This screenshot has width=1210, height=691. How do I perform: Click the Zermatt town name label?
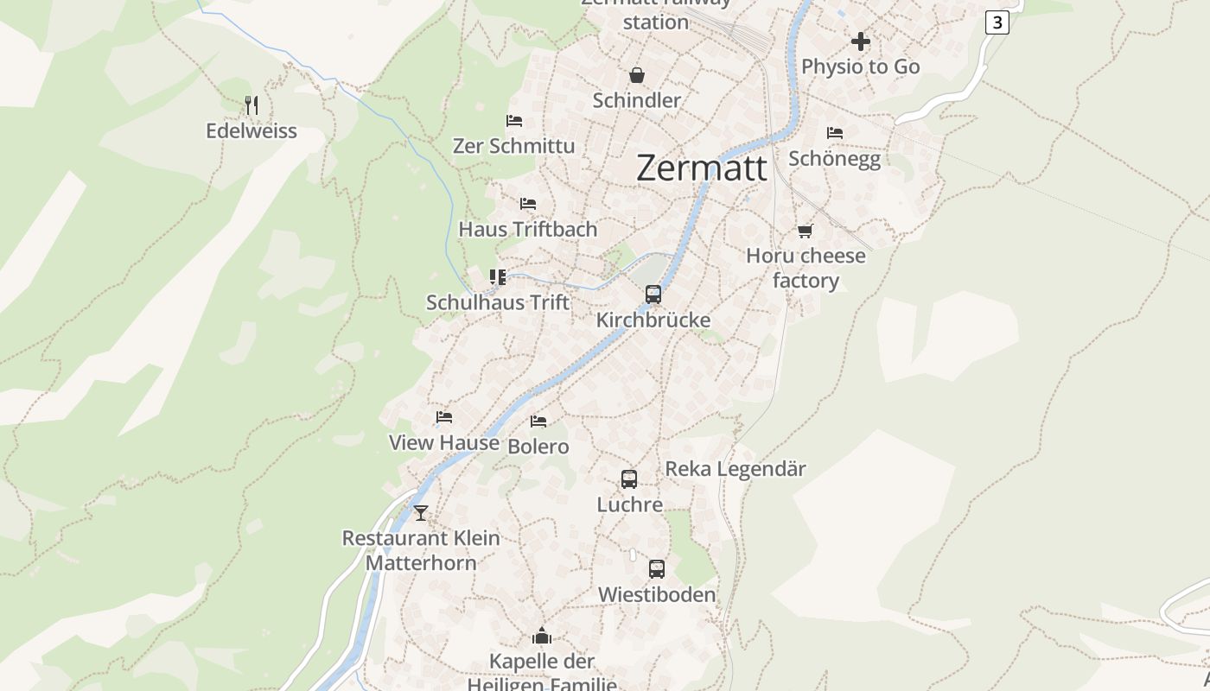coord(701,168)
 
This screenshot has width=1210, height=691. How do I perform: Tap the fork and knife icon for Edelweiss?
coord(252,105)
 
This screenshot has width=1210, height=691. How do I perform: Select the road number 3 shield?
coord(997,22)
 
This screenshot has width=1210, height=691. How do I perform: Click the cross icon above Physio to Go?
coord(860,41)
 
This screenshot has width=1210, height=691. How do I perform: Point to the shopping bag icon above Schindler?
coord(637,75)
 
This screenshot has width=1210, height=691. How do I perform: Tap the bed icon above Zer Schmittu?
coord(514,120)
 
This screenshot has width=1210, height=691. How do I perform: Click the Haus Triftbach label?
coord(527,229)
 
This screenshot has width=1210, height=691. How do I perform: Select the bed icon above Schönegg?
coord(834,133)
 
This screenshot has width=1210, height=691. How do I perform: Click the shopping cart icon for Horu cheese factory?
coord(806,231)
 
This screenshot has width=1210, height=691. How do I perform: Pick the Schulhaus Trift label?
coord(498,302)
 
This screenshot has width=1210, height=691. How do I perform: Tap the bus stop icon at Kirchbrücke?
coord(653,294)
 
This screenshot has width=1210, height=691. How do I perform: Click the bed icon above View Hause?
coord(444,417)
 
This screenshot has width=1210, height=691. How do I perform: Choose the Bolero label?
coord(538,447)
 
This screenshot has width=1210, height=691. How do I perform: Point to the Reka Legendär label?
coord(735,469)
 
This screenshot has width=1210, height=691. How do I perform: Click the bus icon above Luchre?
coord(629,479)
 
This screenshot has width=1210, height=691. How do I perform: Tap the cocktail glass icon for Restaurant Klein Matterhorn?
coord(421,512)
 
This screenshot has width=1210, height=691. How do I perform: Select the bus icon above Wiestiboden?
coord(657,568)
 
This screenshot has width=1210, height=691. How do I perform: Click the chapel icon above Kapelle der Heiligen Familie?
coord(542,636)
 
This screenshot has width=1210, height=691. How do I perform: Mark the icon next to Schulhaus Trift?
coord(498,276)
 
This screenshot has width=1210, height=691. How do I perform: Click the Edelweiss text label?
coord(252,131)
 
